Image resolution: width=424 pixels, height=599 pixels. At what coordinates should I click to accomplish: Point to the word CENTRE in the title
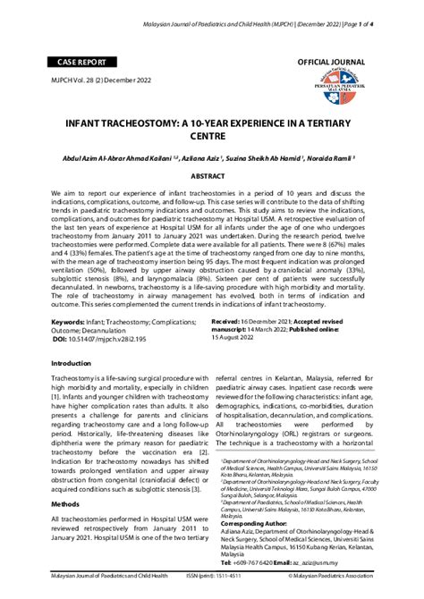212,139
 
